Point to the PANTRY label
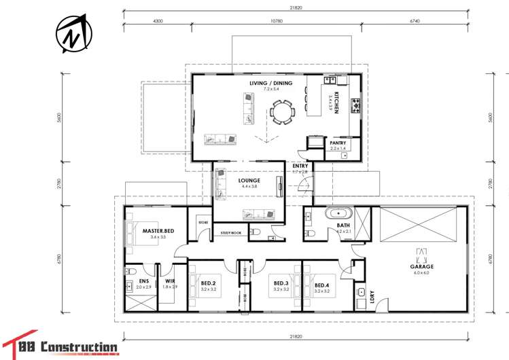pyautogui.click(x=338, y=143)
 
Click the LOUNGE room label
pyautogui.click(x=249, y=181)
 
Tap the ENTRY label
pyautogui.click(x=300, y=166)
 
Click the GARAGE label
pyautogui.click(x=422, y=267)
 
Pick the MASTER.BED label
pyautogui.click(x=158, y=232)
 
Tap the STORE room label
pyautogui.click(x=203, y=222)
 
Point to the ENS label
pyautogui.click(x=144, y=281)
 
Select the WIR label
pyautogui.click(x=170, y=281)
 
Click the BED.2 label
pyautogui.click(x=208, y=283)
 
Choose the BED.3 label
pyautogui.click(x=282, y=283)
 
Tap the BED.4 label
pyautogui.click(x=322, y=283)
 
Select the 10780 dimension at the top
pyautogui.click(x=276, y=21)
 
